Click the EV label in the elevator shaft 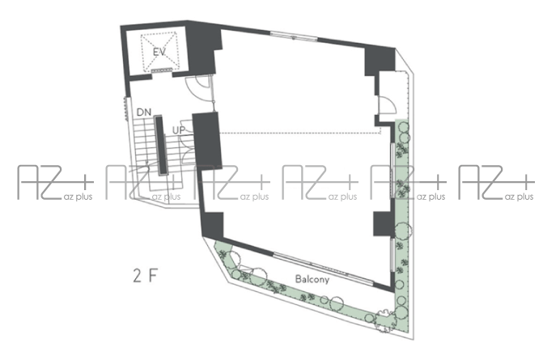pos(159,52)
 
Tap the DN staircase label pos(144,112)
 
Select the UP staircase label pos(179,130)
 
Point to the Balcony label pos(312,279)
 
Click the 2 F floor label pos(146,276)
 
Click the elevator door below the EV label pos(162,70)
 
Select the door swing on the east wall pos(387,105)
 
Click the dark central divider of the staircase pos(161,146)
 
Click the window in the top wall pos(294,36)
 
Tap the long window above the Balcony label pos(324,269)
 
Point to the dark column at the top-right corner pos(380,61)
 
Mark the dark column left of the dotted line pos(206,141)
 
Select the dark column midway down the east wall pos(384,224)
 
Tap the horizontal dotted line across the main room pos(301,133)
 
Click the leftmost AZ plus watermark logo pos(55,182)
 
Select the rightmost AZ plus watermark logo pos(497,182)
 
